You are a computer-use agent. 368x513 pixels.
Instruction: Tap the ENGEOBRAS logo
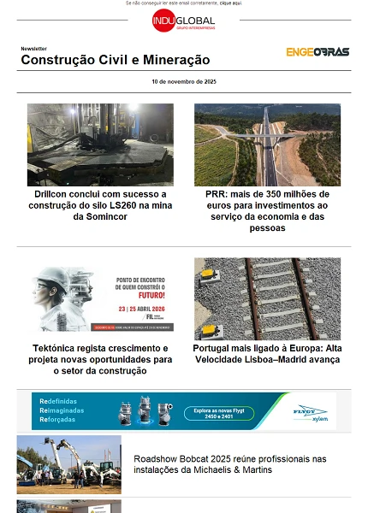tap(318, 52)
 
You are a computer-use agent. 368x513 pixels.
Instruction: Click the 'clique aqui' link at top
tap(230, 3)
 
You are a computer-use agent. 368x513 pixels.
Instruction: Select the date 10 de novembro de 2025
tap(184, 81)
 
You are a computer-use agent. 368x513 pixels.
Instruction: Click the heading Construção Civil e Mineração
tap(115, 60)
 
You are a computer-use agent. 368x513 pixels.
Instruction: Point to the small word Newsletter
tap(34, 49)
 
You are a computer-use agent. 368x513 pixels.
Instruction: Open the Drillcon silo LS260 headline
tap(100, 206)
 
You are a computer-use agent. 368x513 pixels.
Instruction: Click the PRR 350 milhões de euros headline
tap(267, 211)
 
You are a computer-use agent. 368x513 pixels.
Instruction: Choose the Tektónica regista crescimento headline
tap(100, 360)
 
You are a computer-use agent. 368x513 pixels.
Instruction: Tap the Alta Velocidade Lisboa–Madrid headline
tap(267, 354)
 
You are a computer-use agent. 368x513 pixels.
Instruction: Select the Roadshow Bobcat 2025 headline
tap(229, 465)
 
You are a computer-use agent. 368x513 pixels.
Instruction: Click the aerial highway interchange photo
tap(267, 144)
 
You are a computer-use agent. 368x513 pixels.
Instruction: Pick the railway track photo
tap(267, 299)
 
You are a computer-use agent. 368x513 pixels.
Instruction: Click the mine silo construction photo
tap(100, 144)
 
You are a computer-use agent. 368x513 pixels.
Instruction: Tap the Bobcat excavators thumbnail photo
tap(68, 463)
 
